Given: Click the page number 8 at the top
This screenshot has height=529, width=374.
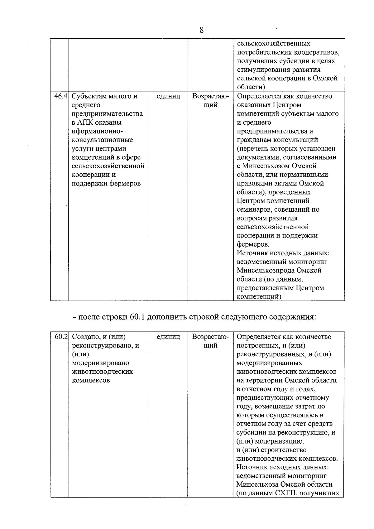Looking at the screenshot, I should coord(202,30).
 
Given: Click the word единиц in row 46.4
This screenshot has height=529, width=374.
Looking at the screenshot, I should coord(168,96).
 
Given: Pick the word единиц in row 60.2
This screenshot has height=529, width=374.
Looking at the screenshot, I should coord(168,337).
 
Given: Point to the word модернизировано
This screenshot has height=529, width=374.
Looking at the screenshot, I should coord(100,363).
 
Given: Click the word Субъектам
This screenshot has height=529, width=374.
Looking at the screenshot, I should coord(89,96).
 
